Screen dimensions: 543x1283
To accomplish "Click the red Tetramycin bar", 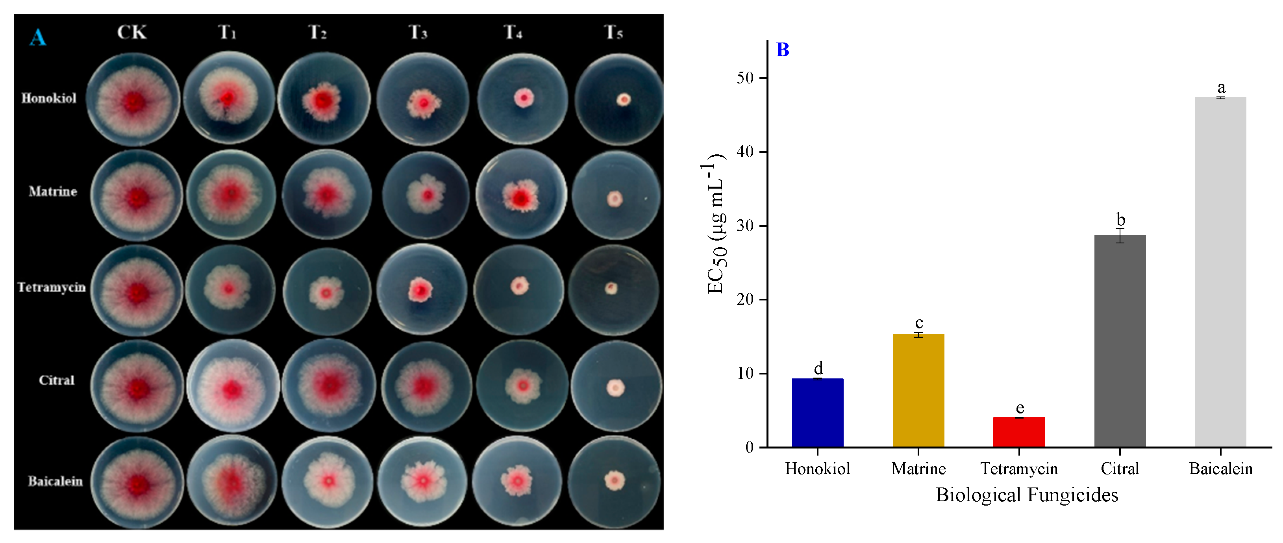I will [1018, 432].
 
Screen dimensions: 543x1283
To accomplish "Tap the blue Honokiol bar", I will [817, 413].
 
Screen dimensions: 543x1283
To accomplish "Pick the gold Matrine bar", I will [918, 391].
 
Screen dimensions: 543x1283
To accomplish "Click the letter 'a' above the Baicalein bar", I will [1221, 88].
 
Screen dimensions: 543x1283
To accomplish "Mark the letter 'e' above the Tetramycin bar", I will [1020, 408].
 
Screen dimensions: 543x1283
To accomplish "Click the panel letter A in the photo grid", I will [37, 37].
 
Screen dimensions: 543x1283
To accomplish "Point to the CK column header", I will [131, 32].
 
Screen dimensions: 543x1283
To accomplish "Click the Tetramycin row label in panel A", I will [51, 287].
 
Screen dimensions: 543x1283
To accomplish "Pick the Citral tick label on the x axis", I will [1120, 469].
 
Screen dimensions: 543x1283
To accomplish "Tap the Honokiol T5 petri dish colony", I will [623, 100].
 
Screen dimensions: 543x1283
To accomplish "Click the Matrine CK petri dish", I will [137, 196].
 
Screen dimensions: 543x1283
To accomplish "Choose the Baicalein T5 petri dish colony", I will [615, 480].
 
